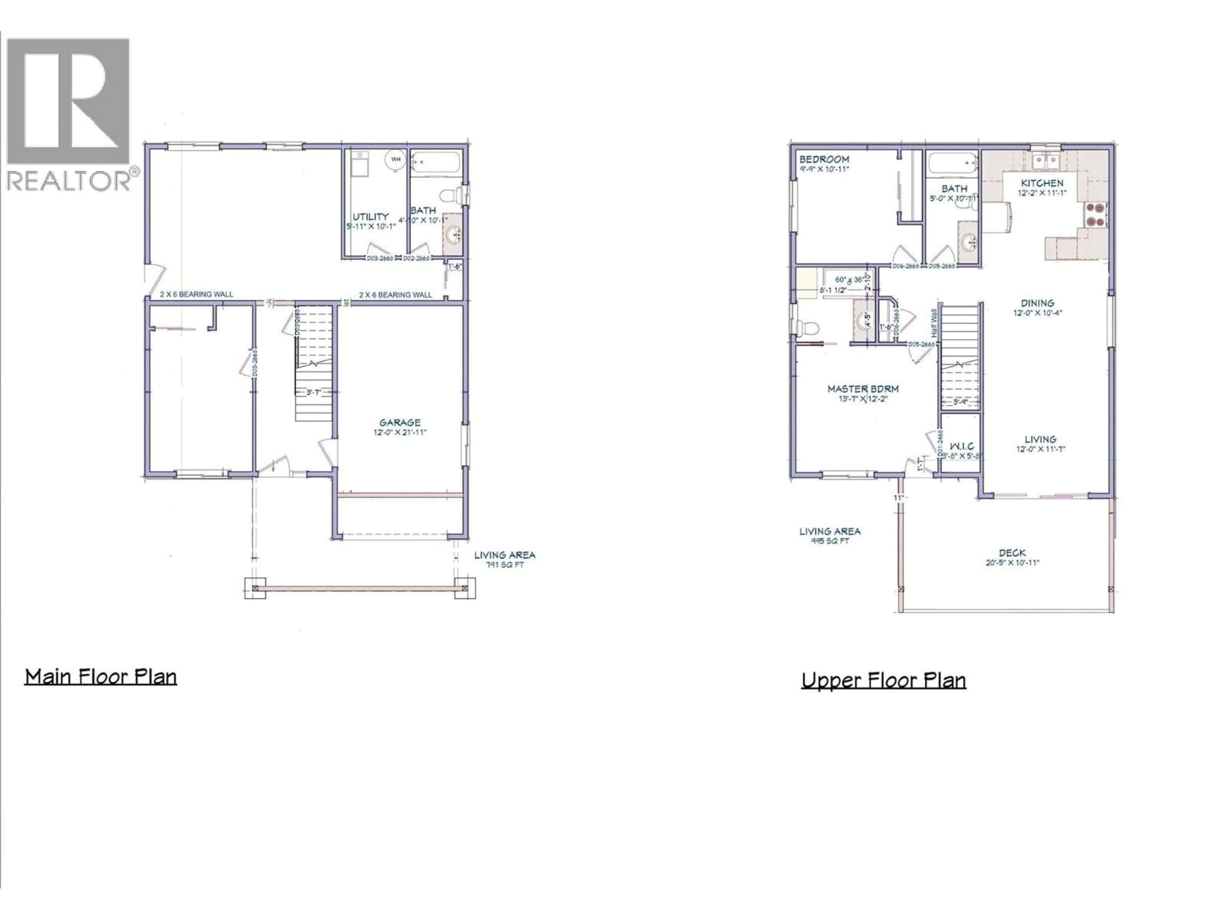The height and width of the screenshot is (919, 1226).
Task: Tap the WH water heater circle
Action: tap(396, 160)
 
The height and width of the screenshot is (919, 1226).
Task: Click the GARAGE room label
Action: tap(400, 423)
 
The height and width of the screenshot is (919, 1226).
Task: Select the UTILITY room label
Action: tap(370, 217)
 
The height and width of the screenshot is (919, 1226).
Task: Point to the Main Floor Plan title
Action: tap(100, 677)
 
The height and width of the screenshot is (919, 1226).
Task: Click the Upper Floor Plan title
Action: tap(883, 680)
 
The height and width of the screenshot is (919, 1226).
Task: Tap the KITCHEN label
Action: tap(1042, 183)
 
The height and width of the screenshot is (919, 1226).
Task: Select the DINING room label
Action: tap(1037, 303)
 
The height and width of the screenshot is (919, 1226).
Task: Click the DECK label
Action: tap(1012, 553)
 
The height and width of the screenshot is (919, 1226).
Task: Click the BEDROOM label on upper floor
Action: tap(824, 160)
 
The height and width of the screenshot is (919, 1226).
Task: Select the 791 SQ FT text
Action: tap(504, 565)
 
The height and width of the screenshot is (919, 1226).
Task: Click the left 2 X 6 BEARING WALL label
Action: tap(196, 294)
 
